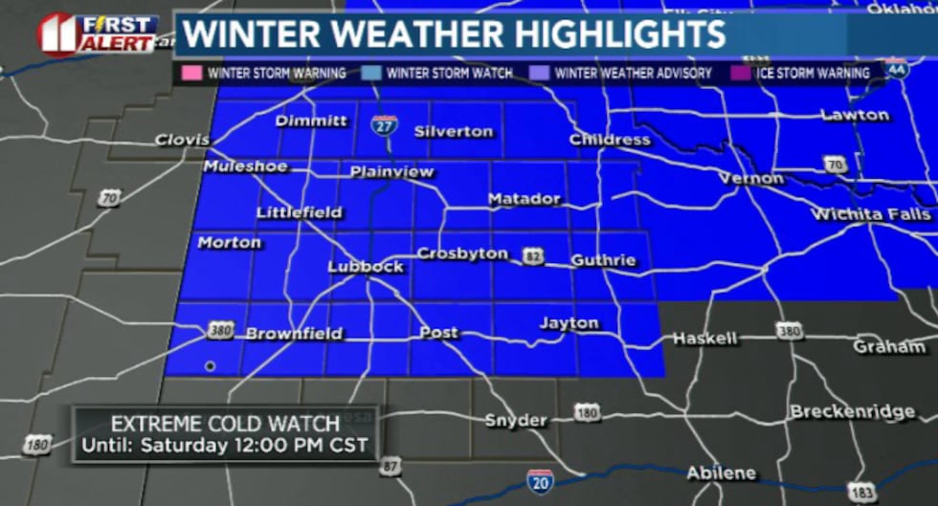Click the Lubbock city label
[366, 267]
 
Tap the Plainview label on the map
[391, 172]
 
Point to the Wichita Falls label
[870, 214]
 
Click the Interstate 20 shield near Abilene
[540, 479]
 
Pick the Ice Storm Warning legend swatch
[739, 73]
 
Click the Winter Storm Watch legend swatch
[371, 73]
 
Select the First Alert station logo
[97, 33]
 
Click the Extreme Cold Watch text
[225, 424]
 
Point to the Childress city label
[610, 140]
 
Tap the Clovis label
[183, 141]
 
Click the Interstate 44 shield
[897, 70]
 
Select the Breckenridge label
[852, 411]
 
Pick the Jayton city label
[569, 323]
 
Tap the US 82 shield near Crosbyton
[533, 254]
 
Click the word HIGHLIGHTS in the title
[616, 34]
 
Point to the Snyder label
[516, 420]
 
